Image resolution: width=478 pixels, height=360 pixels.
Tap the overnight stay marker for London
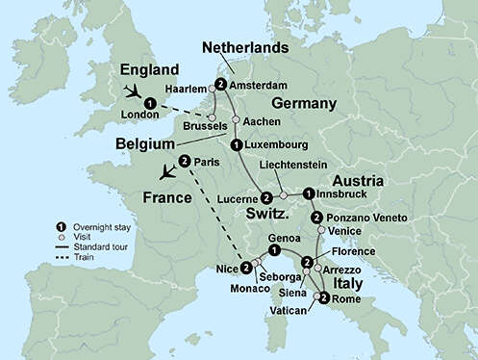pos(149,103)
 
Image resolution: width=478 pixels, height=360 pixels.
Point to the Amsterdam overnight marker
pos(221,84)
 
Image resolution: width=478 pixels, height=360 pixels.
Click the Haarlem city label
pos(186,85)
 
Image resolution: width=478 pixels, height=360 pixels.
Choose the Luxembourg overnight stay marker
pos(237,145)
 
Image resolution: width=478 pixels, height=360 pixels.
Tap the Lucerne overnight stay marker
pos(266,197)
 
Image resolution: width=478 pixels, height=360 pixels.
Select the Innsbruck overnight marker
pos(309,193)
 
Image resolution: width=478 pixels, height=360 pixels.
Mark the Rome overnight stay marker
pos(323,298)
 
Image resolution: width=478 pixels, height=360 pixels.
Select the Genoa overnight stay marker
pos(275,250)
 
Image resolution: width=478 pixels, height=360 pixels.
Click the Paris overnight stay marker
pos(183,161)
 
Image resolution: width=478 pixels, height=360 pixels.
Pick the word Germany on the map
pos(277,103)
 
